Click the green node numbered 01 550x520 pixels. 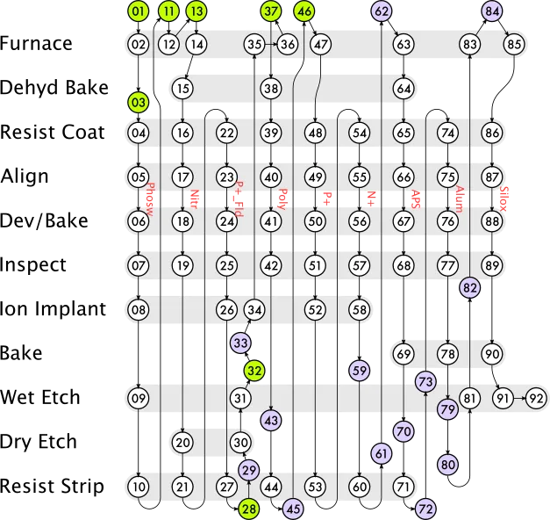click(139, 11)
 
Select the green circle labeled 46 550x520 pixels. click(304, 11)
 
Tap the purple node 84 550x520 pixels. click(493, 11)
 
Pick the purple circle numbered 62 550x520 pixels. click(382, 11)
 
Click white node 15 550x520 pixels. click(182, 88)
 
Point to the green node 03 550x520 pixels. click(139, 102)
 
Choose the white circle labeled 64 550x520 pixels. click(404, 88)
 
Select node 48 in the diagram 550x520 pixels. click(316, 133)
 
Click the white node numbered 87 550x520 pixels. click(492, 177)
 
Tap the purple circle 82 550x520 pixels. click(470, 286)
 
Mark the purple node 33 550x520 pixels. click(240, 343)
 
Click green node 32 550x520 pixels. click(254, 370)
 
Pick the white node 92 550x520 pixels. click(535, 398)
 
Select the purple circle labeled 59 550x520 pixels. click(360, 370)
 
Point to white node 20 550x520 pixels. click(182, 443)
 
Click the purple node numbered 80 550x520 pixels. click(447, 464)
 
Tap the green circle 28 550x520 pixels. click(249, 508)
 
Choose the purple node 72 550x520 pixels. click(425, 508)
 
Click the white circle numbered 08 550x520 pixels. click(139, 309)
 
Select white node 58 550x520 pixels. click(360, 309)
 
